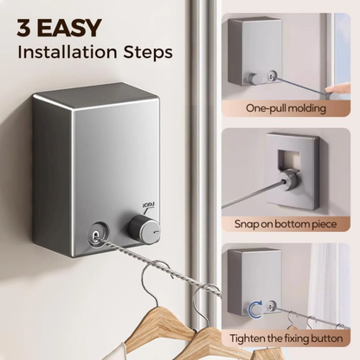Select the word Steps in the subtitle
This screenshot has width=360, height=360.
[147, 51]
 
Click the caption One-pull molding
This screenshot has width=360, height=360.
[286, 110]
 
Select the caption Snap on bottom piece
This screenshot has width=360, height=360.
[286, 223]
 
